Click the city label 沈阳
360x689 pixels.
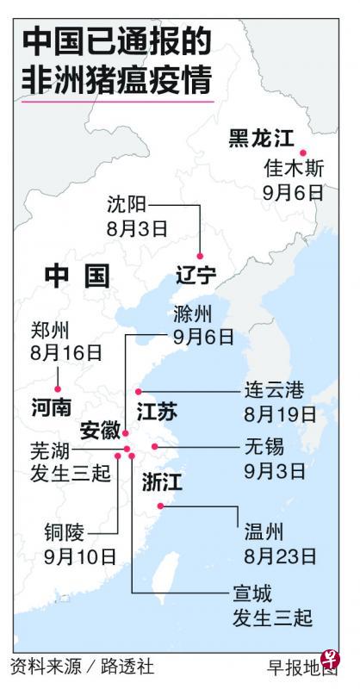pyautogui.click(x=127, y=204)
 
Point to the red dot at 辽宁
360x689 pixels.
pyautogui.click(x=200, y=256)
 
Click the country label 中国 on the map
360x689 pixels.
pyautogui.click(x=78, y=276)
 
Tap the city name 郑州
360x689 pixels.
pyautogui.click(x=47, y=329)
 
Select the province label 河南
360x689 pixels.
pyautogui.click(x=51, y=407)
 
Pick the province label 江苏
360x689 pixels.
pyautogui.click(x=157, y=412)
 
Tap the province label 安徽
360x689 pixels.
pyautogui.click(x=99, y=431)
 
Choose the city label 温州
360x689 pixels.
pyautogui.click(x=261, y=531)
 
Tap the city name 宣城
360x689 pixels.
pyautogui.click(x=251, y=593)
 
